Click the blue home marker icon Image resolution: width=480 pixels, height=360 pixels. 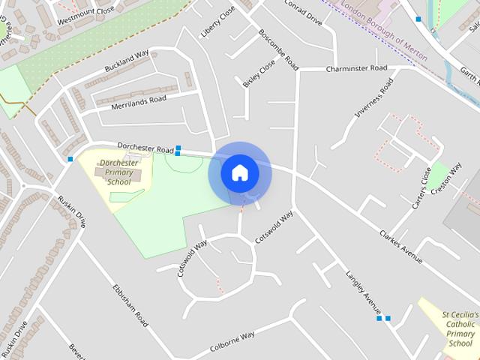pos(239,173)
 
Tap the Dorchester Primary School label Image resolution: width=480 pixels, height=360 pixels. pos(118,172)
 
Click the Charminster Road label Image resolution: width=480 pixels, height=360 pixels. pos(356,68)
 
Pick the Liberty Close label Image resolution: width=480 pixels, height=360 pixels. pos(217,22)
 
